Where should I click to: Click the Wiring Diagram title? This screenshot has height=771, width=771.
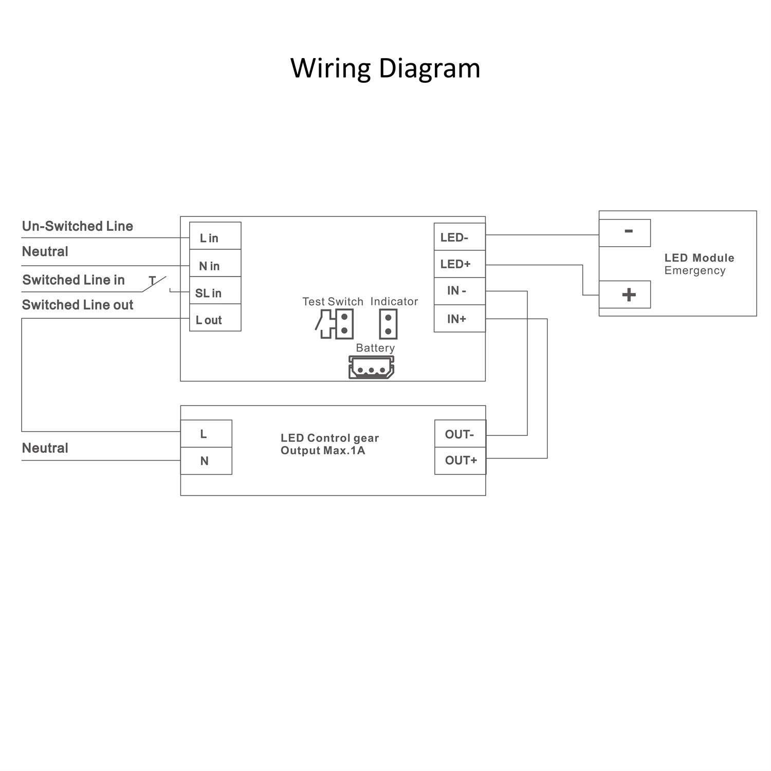click(x=385, y=68)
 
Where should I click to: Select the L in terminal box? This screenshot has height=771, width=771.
click(x=215, y=236)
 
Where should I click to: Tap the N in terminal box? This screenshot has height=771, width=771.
click(x=215, y=264)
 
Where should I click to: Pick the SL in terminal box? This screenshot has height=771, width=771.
click(x=215, y=291)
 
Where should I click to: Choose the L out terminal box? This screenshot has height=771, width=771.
click(x=215, y=318)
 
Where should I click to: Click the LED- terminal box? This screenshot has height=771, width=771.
click(x=459, y=237)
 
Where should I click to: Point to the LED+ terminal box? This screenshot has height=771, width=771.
click(x=459, y=264)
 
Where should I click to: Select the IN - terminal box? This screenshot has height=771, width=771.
click(x=459, y=291)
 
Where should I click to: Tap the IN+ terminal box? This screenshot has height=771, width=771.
click(x=459, y=319)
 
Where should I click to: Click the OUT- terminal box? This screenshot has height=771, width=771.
click(x=460, y=434)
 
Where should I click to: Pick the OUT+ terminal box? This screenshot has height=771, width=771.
click(x=460, y=461)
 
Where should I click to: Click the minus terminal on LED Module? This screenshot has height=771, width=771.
click(x=625, y=233)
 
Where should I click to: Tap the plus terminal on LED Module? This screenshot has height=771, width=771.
click(x=625, y=295)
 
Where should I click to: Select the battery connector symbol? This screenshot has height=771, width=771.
click(x=371, y=368)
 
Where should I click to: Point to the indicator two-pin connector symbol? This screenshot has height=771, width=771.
click(x=388, y=324)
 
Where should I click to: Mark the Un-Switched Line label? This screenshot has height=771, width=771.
click(x=78, y=226)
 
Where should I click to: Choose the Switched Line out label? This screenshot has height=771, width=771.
click(x=78, y=305)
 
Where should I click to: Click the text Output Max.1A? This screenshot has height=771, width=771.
click(x=323, y=451)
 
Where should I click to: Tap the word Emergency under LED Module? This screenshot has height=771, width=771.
click(x=694, y=270)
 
